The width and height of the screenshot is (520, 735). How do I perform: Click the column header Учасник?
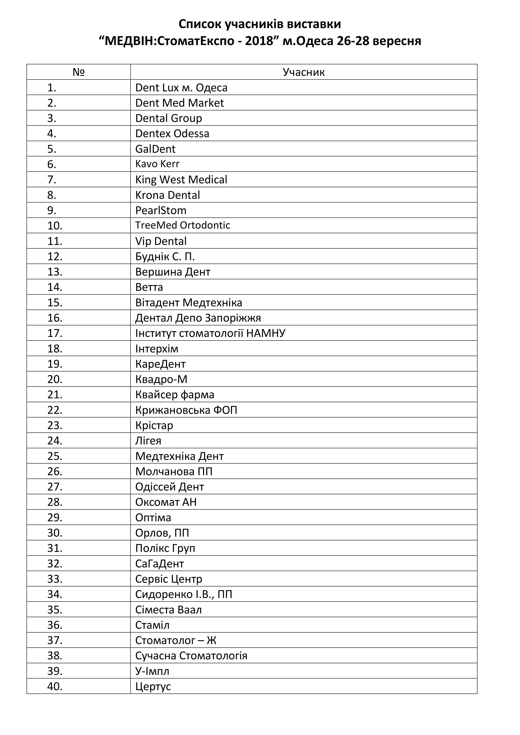(x=303, y=72)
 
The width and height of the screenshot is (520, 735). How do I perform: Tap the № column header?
(x=78, y=72)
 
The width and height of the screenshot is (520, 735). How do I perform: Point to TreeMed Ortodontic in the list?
(x=183, y=225)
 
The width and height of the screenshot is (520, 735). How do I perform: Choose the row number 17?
(x=55, y=333)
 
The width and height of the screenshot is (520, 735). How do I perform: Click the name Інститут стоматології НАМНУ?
(x=210, y=333)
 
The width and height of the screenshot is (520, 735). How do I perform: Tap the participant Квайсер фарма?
(x=175, y=395)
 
